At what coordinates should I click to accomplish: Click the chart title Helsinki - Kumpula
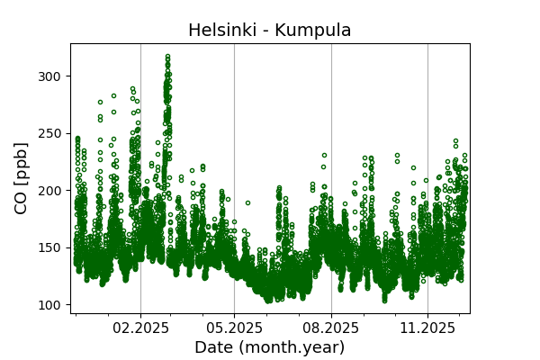pyautogui.click(x=269, y=31)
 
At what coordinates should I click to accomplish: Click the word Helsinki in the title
pyautogui.click(x=220, y=31)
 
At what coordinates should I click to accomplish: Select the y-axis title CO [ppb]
pyautogui.click(x=22, y=178)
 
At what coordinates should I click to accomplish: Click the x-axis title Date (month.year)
pyautogui.click(x=269, y=347)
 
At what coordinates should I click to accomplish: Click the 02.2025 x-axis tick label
pyautogui.click(x=140, y=328)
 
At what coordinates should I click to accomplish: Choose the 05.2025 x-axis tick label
pyautogui.click(x=234, y=328)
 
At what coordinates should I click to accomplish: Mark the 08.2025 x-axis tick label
pyautogui.click(x=331, y=328)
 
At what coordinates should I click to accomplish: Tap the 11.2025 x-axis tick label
pyautogui.click(x=427, y=328)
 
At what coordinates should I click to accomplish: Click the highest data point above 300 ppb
pyautogui.click(x=167, y=56)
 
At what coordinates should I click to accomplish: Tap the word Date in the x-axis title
pyautogui.click(x=213, y=347)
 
